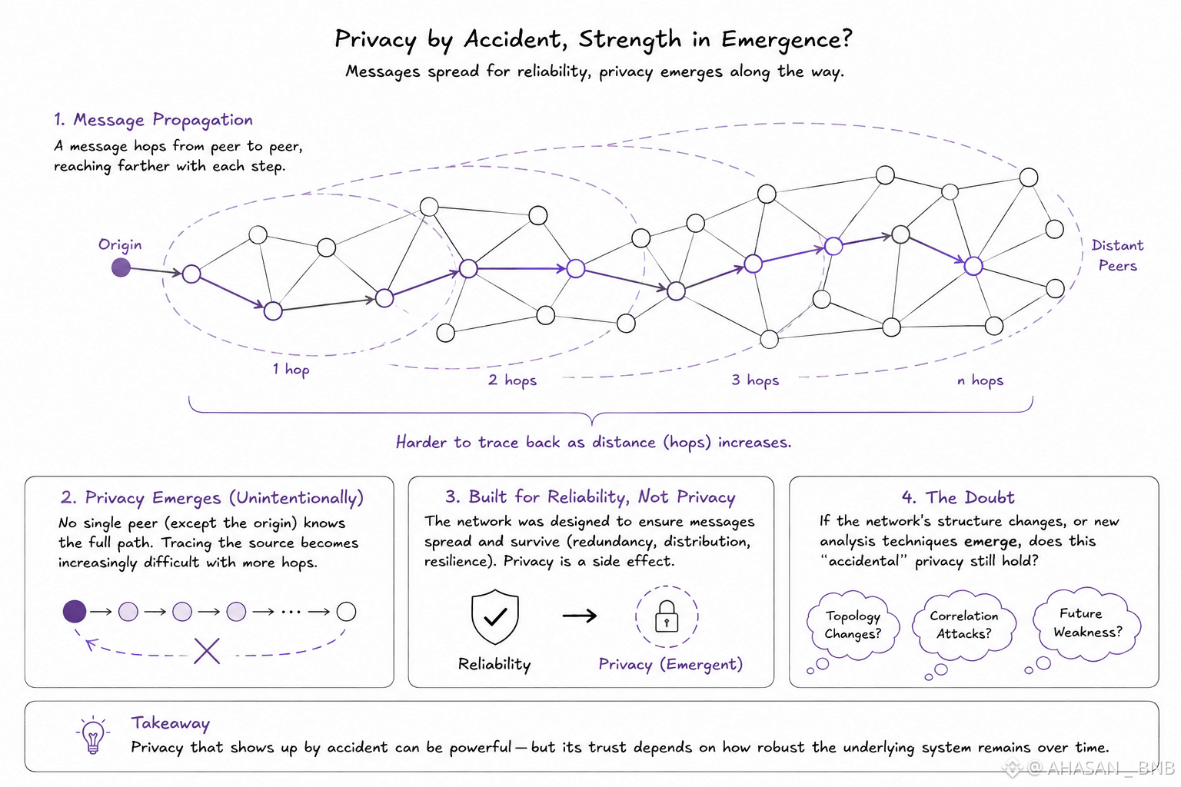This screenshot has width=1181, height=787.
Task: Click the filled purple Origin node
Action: tap(121, 267)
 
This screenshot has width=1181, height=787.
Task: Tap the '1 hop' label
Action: tap(291, 370)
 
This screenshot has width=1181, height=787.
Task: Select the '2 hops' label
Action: tap(512, 380)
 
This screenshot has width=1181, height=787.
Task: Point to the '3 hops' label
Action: tap(755, 380)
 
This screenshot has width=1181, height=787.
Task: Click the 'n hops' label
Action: tap(980, 380)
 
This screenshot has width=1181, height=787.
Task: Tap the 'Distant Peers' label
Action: tap(1117, 255)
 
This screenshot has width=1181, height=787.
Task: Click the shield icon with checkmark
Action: tap(494, 616)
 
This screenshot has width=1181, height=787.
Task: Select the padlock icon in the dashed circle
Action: tap(667, 616)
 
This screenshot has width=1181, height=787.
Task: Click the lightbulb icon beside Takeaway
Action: tap(93, 734)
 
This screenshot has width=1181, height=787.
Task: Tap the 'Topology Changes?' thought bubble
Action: tap(853, 626)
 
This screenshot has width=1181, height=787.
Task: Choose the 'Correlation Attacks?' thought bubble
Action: tap(963, 626)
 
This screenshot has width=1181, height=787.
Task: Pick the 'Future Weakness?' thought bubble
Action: tap(1087, 623)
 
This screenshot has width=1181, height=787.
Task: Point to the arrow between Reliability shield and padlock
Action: tap(580, 615)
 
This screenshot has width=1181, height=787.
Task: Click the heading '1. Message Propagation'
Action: tap(153, 120)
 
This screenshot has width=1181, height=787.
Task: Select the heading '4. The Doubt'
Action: tap(957, 497)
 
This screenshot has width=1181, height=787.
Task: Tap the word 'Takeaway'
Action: tap(170, 723)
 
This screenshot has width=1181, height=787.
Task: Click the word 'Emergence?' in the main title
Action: tap(787, 39)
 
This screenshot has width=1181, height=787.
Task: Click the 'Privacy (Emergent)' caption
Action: tap(670, 664)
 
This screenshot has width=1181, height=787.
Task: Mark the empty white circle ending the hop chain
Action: tap(346, 612)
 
